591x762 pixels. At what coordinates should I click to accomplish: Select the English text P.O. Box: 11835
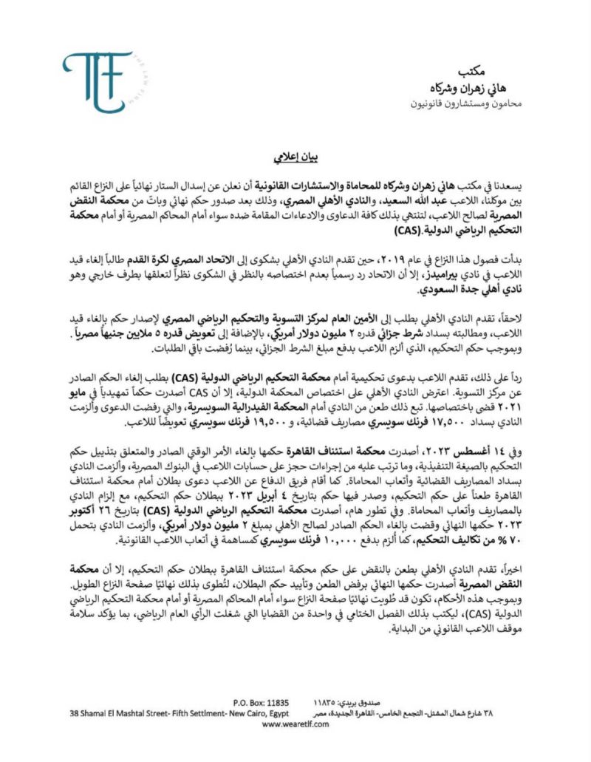point(261,702)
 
